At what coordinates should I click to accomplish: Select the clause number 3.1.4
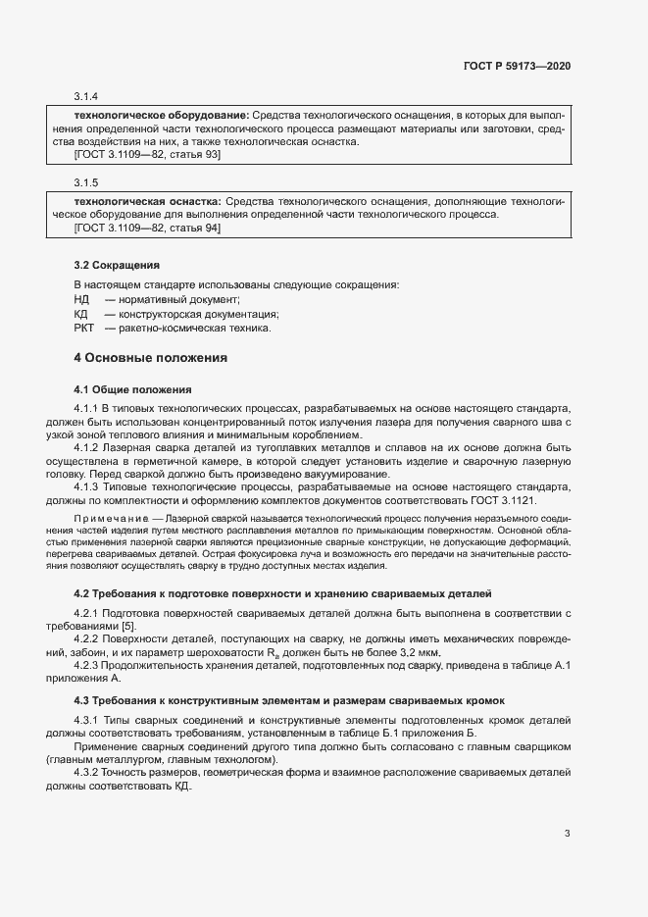86,97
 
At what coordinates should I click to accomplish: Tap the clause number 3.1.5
86,183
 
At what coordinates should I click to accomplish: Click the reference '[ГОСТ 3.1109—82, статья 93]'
147,155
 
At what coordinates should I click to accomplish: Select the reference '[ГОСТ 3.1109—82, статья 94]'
147,228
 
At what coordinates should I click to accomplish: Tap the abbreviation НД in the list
82,299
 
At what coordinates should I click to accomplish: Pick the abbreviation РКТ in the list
84,329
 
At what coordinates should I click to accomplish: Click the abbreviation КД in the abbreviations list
82,314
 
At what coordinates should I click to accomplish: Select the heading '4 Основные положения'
151,358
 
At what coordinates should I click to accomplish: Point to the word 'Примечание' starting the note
106,517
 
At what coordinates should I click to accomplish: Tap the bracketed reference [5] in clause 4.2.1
142,626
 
